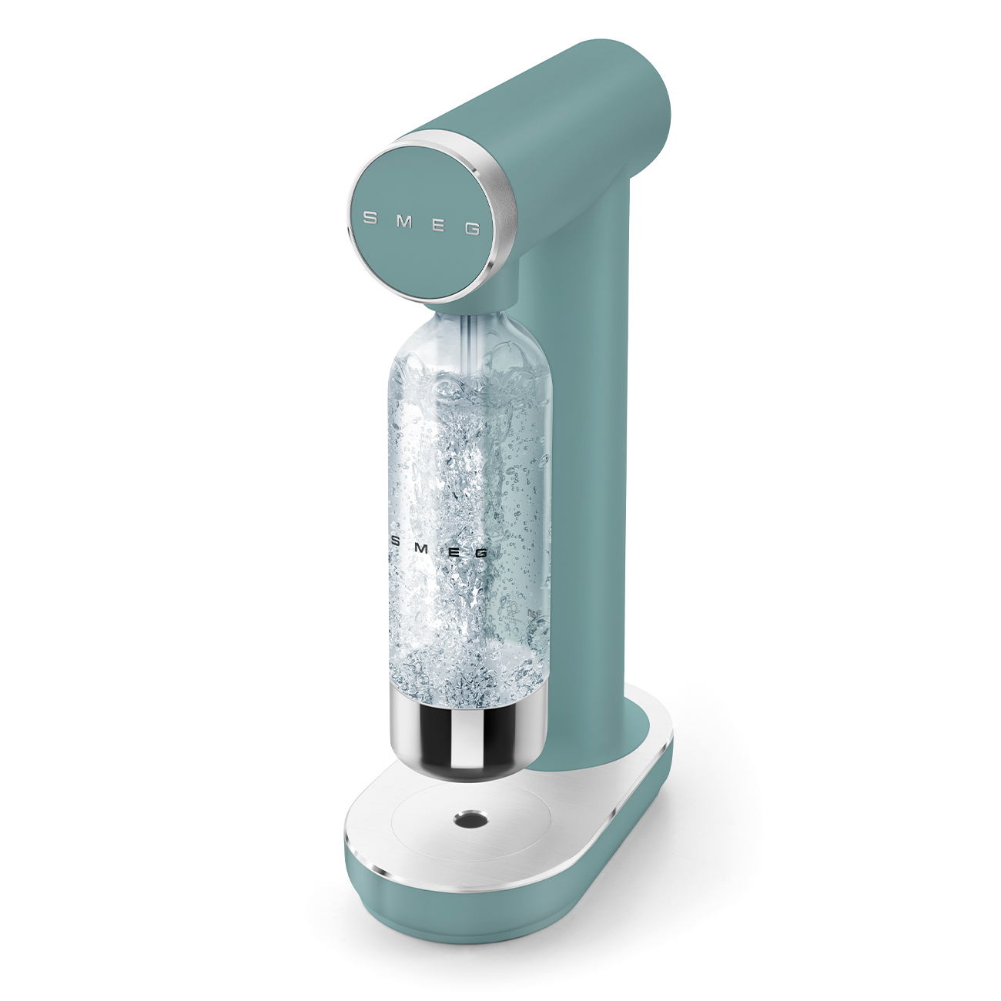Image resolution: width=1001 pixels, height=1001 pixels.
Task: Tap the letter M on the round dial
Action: (x=404, y=222)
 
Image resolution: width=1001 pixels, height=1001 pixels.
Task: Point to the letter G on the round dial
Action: (x=473, y=229)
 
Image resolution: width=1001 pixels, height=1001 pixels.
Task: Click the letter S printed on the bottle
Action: (x=397, y=541)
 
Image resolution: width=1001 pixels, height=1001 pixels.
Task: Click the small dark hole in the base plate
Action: (x=466, y=819)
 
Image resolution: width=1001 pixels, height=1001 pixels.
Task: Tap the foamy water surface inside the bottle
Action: (x=470, y=385)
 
